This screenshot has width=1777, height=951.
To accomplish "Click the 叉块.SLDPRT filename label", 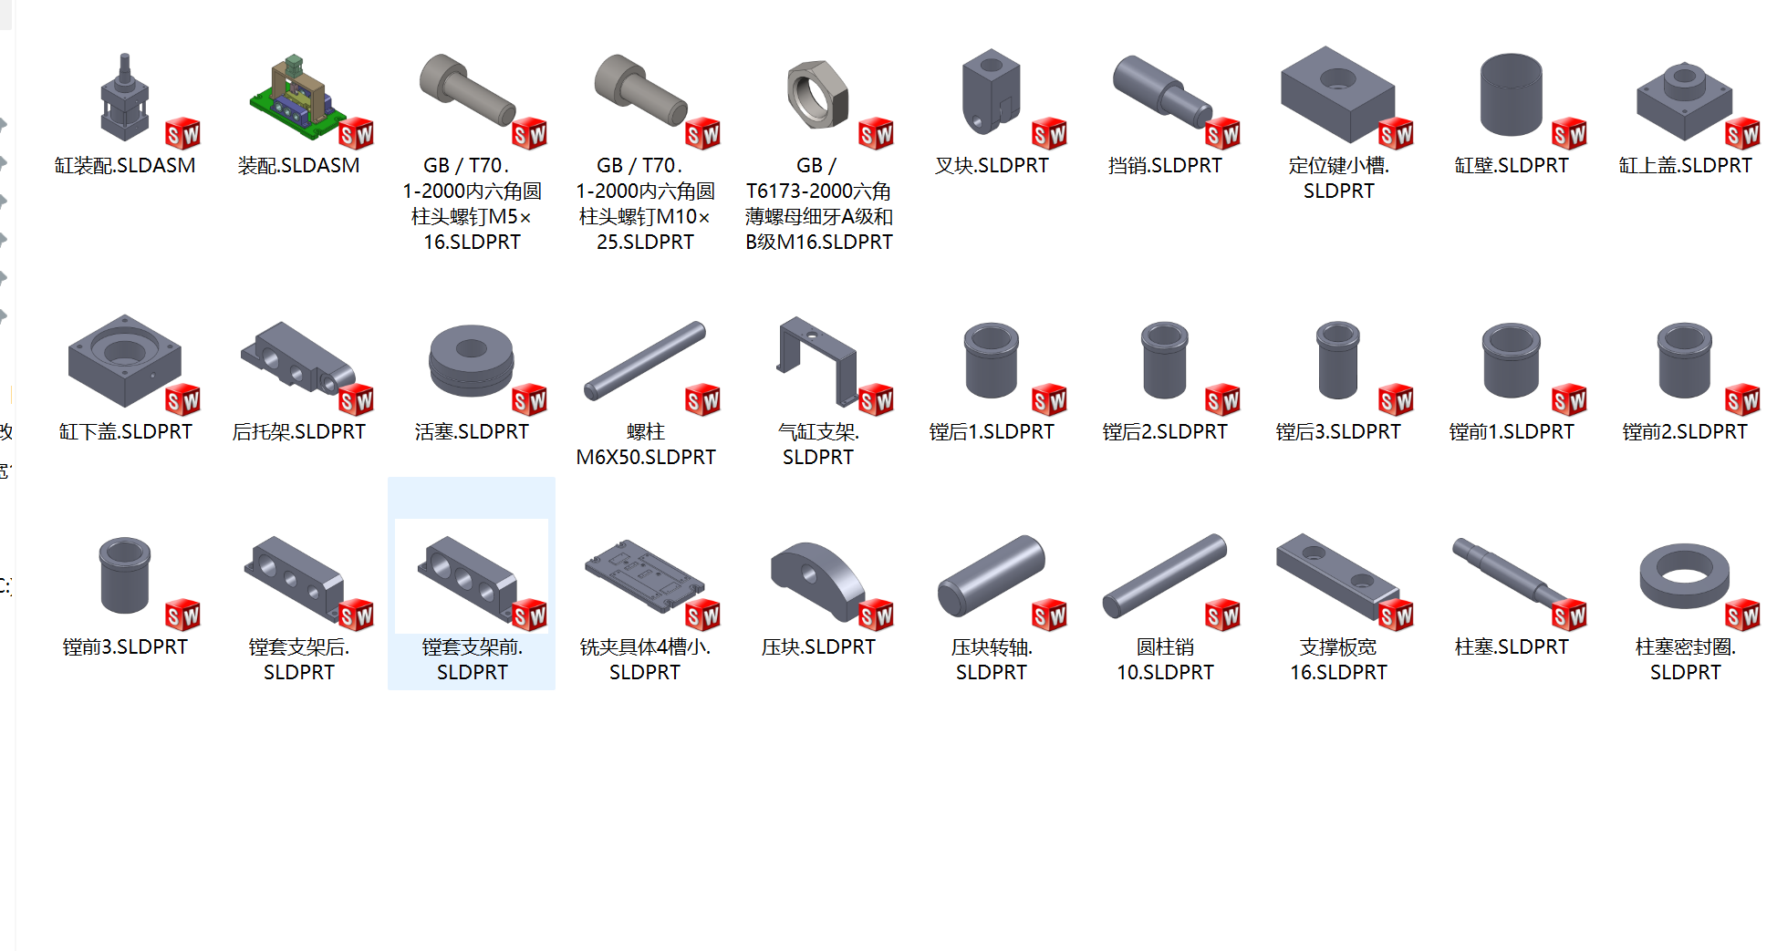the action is click(992, 165).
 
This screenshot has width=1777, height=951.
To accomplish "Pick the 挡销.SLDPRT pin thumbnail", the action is click(1163, 91).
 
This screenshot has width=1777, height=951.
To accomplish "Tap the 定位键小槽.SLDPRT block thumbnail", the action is click(1337, 94).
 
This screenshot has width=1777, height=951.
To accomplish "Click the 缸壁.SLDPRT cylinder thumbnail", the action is click(1511, 95).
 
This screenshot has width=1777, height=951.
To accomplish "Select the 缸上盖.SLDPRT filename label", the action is click(1685, 165).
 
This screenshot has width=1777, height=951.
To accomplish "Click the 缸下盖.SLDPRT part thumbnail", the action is click(124, 360).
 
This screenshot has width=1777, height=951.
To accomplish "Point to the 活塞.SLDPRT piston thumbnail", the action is click(471, 360).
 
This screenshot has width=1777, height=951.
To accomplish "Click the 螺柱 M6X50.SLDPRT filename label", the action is click(646, 444).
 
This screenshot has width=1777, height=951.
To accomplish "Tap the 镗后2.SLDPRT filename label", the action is click(1165, 431).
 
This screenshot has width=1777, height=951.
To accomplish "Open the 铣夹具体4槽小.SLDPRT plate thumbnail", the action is click(644, 574).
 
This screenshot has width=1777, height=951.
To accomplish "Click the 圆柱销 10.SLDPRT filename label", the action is click(1165, 659).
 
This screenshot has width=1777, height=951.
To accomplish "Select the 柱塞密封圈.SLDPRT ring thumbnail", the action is click(1684, 576).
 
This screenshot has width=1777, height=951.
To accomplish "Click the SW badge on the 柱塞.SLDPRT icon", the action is click(1569, 615).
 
